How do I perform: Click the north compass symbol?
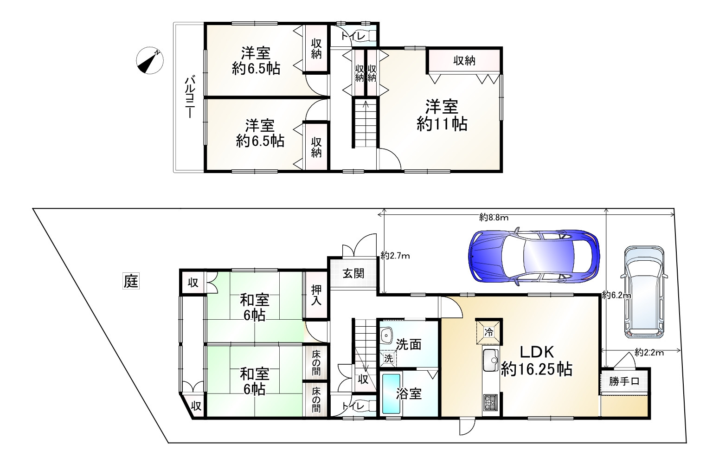(x=149, y=60)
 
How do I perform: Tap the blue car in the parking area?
(x=534, y=256)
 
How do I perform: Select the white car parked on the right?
(x=644, y=292)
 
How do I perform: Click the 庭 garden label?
(x=131, y=281)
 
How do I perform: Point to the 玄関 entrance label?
(x=353, y=273)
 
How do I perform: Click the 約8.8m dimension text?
(x=494, y=218)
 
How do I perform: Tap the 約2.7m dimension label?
(x=395, y=256)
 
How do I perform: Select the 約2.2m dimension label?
(x=649, y=353)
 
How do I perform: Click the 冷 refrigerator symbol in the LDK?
(x=488, y=332)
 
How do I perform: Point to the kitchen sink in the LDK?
(x=490, y=360)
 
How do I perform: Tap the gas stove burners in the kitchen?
(x=490, y=402)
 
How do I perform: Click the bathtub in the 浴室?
(x=392, y=393)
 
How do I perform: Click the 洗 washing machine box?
(x=388, y=358)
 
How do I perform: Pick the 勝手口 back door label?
(x=624, y=381)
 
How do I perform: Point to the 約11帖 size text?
(x=442, y=124)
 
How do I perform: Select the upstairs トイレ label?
(x=353, y=36)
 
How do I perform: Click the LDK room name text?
(x=537, y=352)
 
